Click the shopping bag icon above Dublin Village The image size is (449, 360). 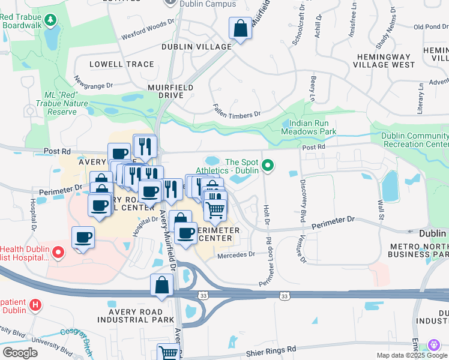(240, 29)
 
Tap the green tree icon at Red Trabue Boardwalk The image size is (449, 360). (51, 20)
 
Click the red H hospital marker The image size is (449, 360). (35, 304)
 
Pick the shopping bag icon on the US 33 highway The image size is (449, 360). (161, 285)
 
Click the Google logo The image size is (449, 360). (20, 352)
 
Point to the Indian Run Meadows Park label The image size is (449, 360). (309, 127)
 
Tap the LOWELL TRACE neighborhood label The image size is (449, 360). (121, 64)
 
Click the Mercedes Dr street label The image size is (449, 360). (235, 254)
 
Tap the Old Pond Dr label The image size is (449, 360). (432, 26)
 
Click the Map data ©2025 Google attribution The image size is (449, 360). (411, 355)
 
